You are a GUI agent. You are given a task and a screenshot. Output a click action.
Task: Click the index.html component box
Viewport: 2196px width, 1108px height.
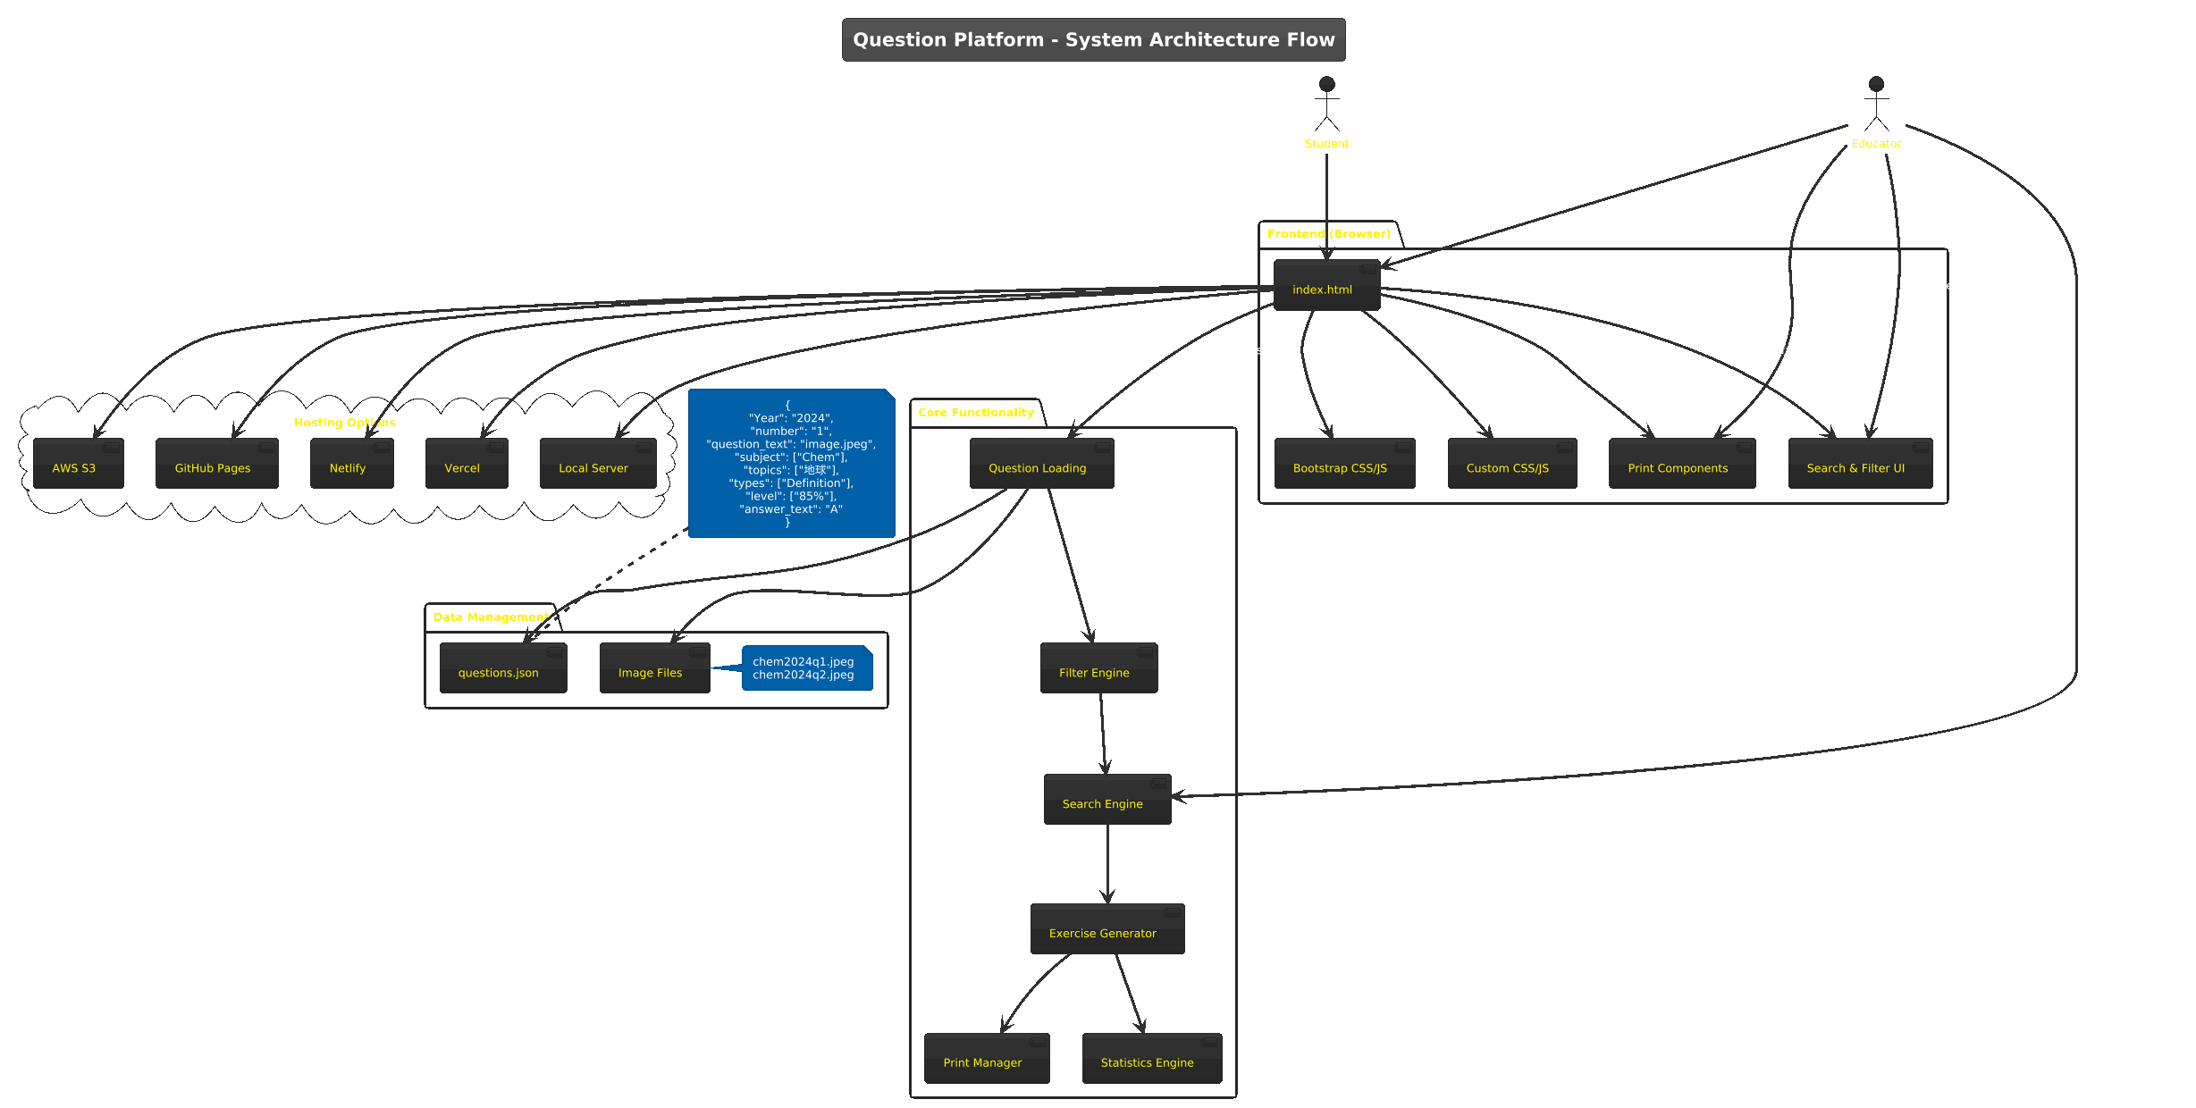click(x=1326, y=286)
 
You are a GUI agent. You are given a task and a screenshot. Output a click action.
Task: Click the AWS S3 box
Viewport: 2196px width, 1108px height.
click(x=78, y=464)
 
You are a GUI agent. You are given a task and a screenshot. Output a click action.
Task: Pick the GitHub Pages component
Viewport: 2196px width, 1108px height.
click(x=216, y=464)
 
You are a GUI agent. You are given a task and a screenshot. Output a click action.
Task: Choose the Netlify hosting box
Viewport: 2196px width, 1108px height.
click(x=351, y=464)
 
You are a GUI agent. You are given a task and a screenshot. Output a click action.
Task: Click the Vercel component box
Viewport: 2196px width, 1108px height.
click(x=467, y=464)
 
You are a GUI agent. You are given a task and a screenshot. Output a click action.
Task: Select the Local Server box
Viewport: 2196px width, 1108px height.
click(x=597, y=464)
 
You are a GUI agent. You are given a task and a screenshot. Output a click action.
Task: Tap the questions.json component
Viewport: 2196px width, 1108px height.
click(x=502, y=668)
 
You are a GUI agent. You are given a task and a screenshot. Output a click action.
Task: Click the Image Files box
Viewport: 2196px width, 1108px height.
click(x=654, y=668)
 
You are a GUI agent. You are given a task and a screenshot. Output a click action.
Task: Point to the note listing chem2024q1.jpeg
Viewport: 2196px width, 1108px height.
click(x=806, y=668)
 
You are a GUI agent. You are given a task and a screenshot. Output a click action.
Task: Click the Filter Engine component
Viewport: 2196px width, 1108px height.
click(x=1098, y=668)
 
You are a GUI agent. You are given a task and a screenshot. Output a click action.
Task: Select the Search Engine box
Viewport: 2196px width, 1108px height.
click(x=1106, y=800)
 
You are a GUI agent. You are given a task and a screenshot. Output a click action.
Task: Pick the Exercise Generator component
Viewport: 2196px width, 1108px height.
click(x=1106, y=929)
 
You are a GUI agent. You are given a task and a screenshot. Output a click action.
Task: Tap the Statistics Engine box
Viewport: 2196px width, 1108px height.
click(x=1151, y=1059)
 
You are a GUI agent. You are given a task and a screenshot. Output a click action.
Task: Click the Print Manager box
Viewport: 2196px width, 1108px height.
click(x=986, y=1059)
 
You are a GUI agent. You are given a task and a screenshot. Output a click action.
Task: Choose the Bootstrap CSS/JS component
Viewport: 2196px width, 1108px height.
click(x=1344, y=464)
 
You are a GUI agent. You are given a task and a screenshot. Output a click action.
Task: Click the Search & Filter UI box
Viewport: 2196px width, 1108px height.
click(x=1860, y=464)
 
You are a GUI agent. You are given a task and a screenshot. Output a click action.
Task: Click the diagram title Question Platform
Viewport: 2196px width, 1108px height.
click(x=1093, y=40)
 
